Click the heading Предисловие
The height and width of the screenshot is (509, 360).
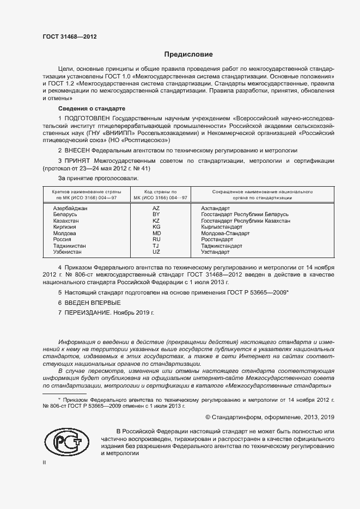[188, 54]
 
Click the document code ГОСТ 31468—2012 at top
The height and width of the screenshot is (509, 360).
[70, 37]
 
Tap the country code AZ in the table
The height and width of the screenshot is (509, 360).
[156, 208]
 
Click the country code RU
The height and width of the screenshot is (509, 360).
[156, 239]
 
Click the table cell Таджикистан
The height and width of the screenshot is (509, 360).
[69, 246]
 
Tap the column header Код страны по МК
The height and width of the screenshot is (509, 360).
[160, 195]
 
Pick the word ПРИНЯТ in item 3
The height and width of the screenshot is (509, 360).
[77, 161]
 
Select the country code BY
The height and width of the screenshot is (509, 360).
[156, 214]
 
